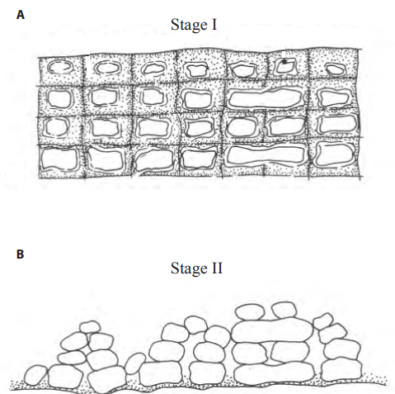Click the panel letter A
[x=21, y=15]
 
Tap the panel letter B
[x=20, y=254]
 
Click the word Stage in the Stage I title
[x=189, y=26]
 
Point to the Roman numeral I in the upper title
[x=214, y=25]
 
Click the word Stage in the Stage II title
[x=189, y=269]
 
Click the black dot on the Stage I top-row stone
[x=284, y=62]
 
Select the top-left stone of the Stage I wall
[x=60, y=67]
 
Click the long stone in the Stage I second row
[x=266, y=98]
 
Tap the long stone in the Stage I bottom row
[x=266, y=154]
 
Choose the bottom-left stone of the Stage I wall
[x=59, y=159]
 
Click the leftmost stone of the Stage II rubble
[x=35, y=375]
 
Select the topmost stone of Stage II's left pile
[x=90, y=327]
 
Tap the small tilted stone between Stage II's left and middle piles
[x=135, y=363]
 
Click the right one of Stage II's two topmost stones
[x=284, y=310]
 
